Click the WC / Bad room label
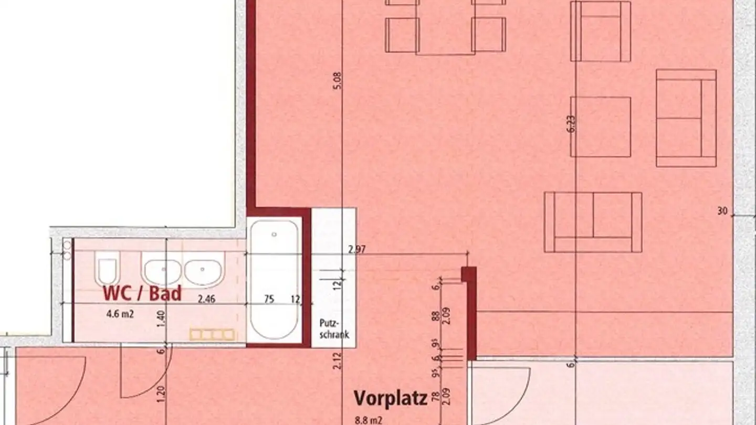click(142, 293)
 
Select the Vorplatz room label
click(390, 398)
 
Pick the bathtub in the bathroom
click(274, 279)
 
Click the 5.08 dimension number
click(337, 80)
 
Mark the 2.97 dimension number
click(356, 249)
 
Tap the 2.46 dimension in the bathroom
click(207, 300)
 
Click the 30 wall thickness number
click(722, 211)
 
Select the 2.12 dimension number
click(337, 362)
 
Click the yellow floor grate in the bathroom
click(212, 334)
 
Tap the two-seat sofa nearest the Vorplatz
click(593, 222)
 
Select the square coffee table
click(601, 127)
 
